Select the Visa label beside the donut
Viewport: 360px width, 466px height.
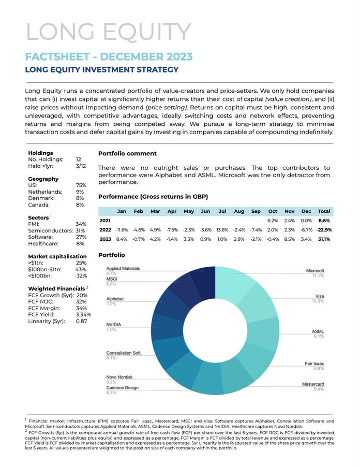(x=320, y=296)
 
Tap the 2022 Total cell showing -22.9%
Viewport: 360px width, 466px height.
(x=324, y=229)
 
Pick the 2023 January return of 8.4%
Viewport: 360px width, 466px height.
(x=122, y=239)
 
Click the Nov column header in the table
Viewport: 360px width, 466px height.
(x=289, y=211)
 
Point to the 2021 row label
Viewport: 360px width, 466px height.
(x=105, y=220)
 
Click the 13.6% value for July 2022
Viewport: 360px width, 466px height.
(x=222, y=229)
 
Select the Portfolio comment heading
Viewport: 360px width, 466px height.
(x=127, y=153)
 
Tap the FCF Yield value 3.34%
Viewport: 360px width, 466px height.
(x=83, y=314)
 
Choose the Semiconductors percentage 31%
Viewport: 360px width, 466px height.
(x=80, y=230)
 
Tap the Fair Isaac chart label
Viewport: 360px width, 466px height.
(x=314, y=364)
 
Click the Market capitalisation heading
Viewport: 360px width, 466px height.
(x=57, y=256)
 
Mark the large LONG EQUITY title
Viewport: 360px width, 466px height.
(x=108, y=32)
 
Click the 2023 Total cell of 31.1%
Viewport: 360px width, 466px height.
(x=324, y=239)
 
